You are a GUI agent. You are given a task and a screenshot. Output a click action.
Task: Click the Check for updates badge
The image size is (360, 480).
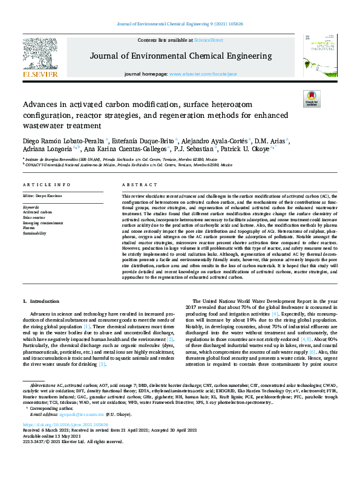(312, 99)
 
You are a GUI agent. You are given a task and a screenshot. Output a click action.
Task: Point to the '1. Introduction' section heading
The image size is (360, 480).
(41, 300)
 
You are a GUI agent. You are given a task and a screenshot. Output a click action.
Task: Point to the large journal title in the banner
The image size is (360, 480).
(181, 56)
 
